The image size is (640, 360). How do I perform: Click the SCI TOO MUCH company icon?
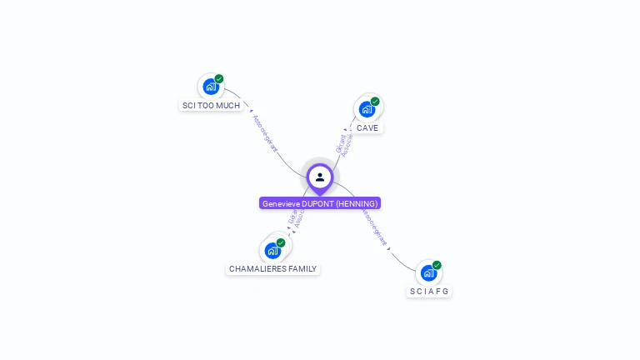pos(211,86)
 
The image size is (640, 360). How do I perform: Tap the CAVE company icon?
pos(367,108)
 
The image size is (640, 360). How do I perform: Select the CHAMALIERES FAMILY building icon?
pos(272,250)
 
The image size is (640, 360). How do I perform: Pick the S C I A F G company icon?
pos(428,272)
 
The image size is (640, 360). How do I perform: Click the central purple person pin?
pos(320,177)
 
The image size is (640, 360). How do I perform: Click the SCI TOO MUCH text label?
pos(211,106)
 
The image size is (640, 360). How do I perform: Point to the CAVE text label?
pos(367,128)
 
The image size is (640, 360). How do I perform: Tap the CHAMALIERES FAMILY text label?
pos(272,269)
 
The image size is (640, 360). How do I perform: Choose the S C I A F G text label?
pos(429,292)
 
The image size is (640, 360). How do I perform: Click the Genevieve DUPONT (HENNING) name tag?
pos(320,203)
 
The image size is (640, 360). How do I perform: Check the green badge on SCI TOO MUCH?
pos(219,79)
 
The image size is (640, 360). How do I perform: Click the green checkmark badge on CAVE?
pos(375,102)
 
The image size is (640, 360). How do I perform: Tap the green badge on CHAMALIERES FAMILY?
pos(281,242)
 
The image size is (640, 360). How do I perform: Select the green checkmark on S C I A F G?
pos(437,265)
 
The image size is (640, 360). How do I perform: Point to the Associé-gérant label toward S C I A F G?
pos(375,227)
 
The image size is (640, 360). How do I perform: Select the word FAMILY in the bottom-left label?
pos(297,269)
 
